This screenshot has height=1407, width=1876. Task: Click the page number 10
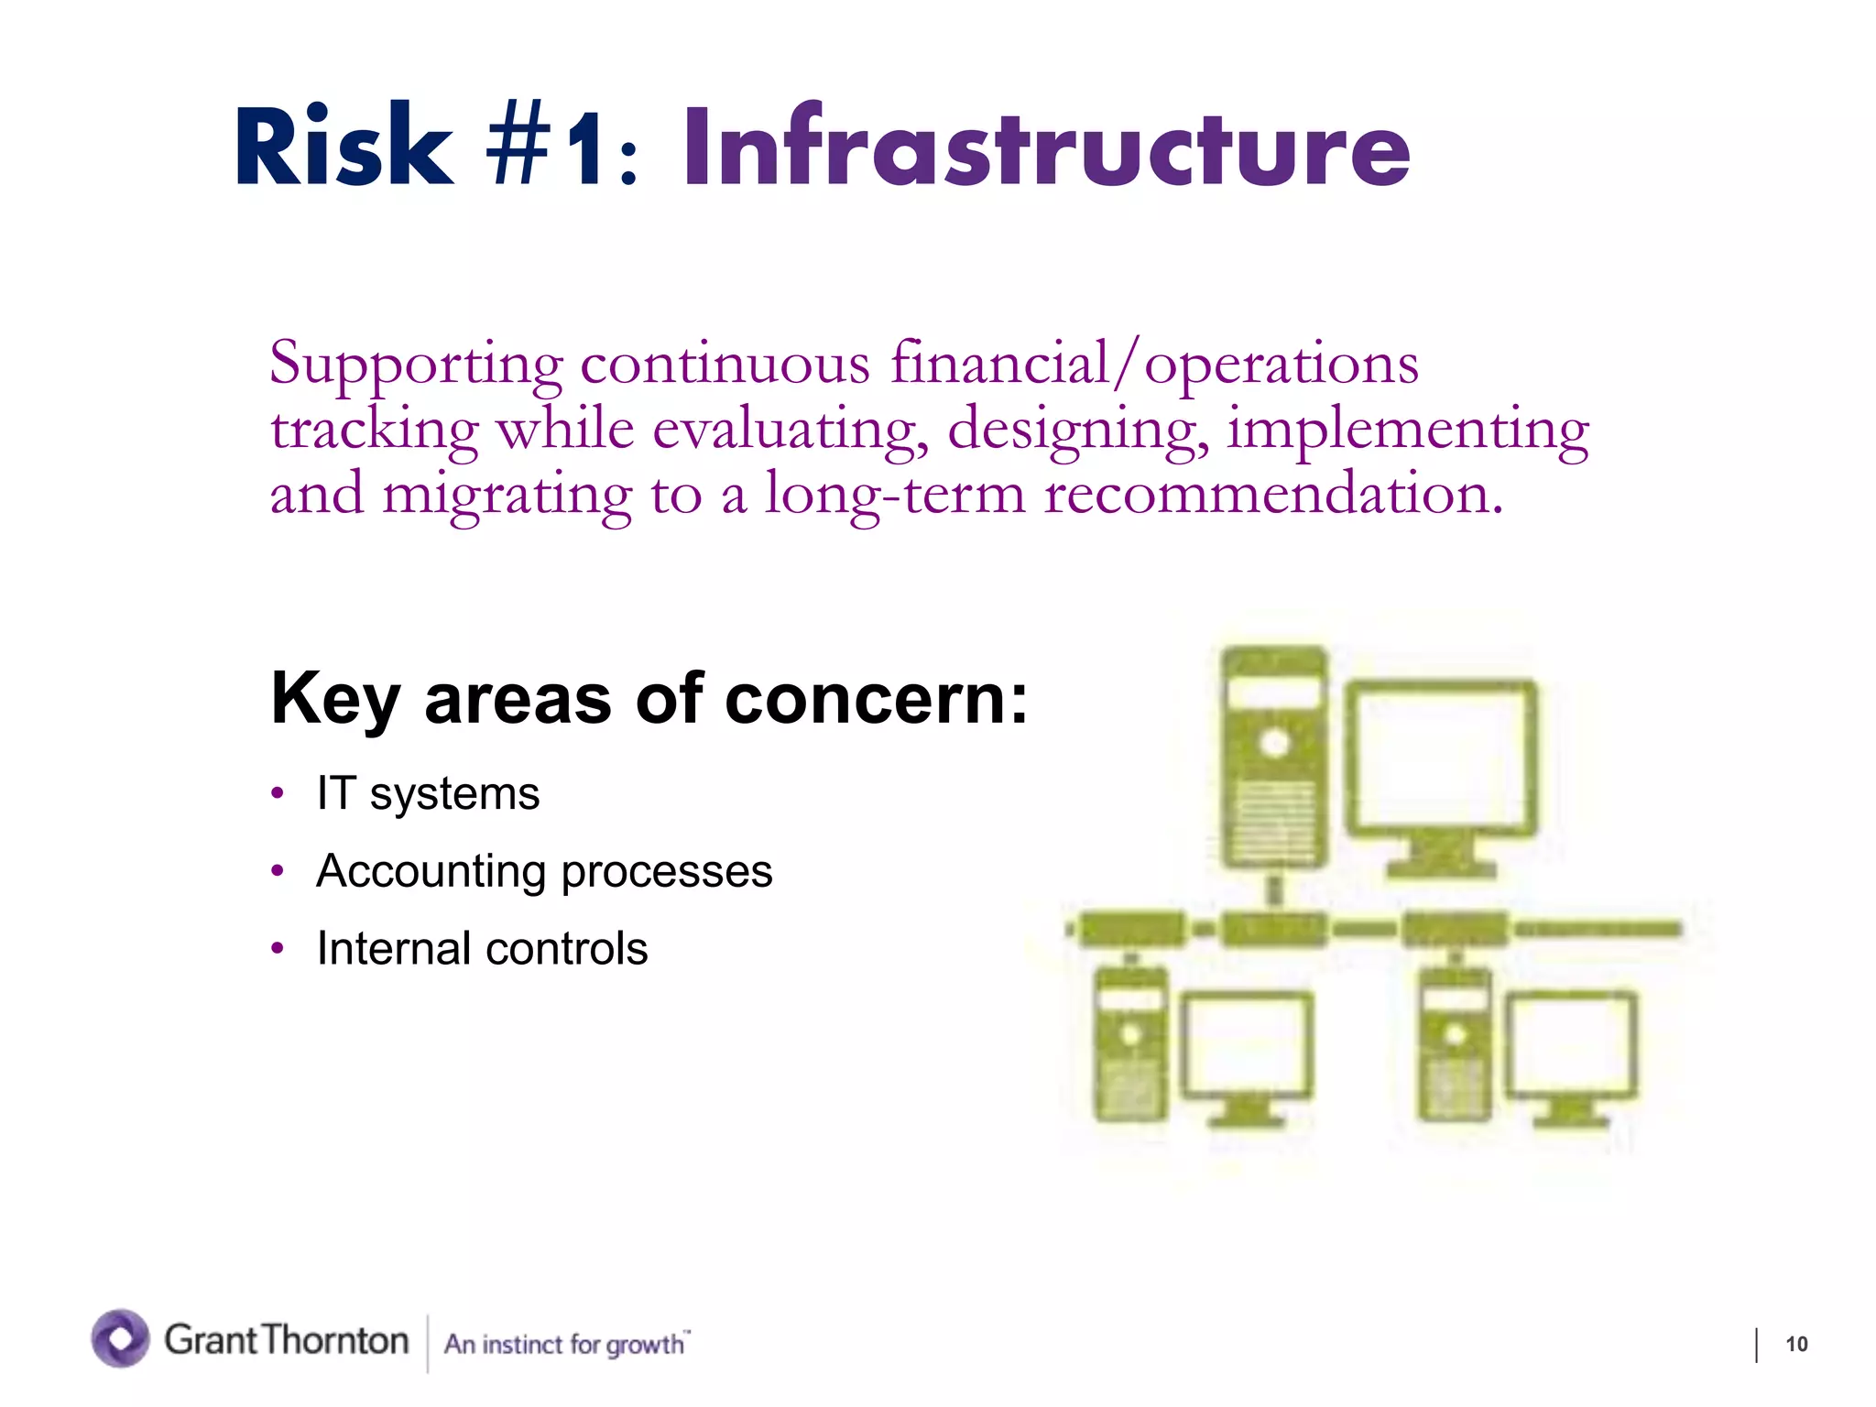(x=1796, y=1344)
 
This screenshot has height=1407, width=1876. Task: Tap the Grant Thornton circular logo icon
(x=120, y=1338)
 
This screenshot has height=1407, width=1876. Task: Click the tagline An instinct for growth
(x=565, y=1344)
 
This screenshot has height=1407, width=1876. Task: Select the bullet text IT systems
(x=428, y=793)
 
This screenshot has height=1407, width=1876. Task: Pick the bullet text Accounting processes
(x=544, y=871)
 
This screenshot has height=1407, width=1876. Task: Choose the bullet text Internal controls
(x=482, y=949)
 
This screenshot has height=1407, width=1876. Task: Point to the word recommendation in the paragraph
(x=1272, y=495)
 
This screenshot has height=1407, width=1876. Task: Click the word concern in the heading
(x=875, y=699)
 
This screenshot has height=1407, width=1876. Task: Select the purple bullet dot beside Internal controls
(x=278, y=949)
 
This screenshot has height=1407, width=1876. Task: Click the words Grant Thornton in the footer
(x=286, y=1340)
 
